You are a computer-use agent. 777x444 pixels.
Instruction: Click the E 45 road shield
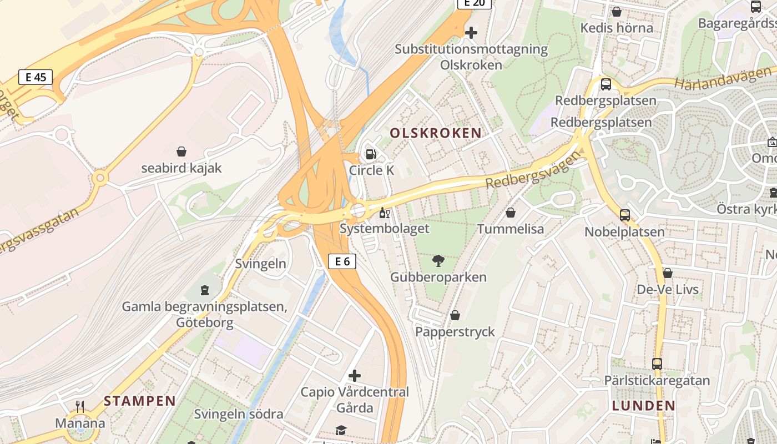tap(36, 77)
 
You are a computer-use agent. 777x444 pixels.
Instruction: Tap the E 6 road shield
tap(342, 261)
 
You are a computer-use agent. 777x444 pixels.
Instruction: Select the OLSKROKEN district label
tap(436, 133)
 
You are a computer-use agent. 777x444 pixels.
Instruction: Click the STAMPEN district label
tap(140, 401)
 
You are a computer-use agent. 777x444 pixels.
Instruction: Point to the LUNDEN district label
tap(644, 406)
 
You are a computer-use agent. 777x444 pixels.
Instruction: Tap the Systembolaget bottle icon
tap(384, 213)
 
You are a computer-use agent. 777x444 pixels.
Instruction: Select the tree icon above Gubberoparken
tap(438, 261)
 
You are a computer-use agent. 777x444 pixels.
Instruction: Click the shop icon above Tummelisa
tap(511, 213)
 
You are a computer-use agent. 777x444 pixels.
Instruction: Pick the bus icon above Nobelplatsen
tap(625, 215)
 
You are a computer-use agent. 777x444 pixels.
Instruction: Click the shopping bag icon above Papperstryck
tap(455, 316)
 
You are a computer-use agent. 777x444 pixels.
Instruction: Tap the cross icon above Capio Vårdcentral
tap(355, 376)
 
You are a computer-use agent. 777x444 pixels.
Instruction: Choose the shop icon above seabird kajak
tap(181, 152)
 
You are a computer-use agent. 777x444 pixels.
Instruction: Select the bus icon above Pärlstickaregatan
tap(657, 364)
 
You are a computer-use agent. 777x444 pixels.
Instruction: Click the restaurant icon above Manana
tap(80, 407)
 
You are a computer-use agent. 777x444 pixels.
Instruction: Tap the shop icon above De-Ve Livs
tap(668, 273)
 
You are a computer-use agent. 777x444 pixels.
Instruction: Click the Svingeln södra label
tap(239, 414)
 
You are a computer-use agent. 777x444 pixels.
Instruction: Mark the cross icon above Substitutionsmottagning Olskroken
tap(471, 33)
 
